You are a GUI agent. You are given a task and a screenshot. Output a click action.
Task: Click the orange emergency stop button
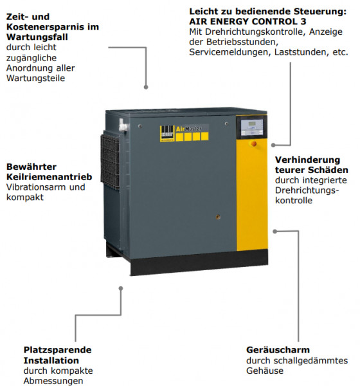coord(253,143)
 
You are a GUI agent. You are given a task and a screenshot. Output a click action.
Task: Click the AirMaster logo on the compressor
coord(184,133)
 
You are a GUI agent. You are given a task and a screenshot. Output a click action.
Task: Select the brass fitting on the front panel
coord(218,217)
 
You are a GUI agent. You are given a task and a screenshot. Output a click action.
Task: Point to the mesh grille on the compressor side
coord(110,161)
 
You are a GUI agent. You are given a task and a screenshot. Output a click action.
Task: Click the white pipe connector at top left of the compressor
coord(123,126)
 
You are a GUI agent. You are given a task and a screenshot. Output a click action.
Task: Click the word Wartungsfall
coord(37,37)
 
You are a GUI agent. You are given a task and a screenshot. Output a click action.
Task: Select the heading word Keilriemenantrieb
coord(50,177)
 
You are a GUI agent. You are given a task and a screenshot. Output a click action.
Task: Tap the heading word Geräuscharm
coord(278,350)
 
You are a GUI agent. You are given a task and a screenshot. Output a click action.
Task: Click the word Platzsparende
coord(58,350)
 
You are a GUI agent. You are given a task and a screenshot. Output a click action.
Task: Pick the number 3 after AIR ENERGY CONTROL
coord(303,21)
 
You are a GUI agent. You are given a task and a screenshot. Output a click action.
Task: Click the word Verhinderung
coord(307,160)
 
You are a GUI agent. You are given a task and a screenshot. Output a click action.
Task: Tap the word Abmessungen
coord(53,381)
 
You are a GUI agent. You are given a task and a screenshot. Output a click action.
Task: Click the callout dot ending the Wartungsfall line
coord(146,87)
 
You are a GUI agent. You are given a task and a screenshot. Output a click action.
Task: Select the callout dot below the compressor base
coord(121,288)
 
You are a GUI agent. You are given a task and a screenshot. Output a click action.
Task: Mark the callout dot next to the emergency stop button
coord(273,145)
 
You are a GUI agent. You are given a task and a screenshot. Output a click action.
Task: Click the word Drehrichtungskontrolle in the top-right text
coord(255,32)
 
